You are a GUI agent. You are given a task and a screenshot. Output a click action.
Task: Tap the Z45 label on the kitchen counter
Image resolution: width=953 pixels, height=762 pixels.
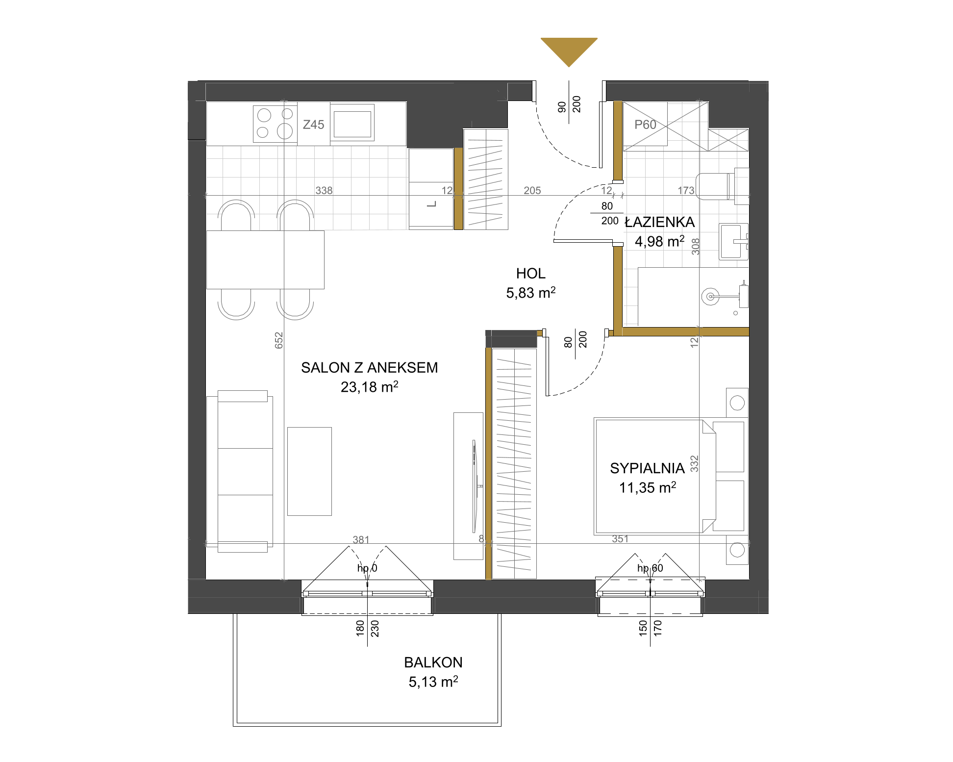coord(313,125)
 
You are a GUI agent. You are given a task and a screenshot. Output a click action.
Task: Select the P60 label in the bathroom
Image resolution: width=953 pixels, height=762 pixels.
coord(645,125)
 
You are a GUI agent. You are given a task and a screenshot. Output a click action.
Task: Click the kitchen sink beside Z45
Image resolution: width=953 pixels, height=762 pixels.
coord(352,123)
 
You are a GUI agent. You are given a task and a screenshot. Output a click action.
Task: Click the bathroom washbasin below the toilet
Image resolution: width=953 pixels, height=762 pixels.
coord(733,241)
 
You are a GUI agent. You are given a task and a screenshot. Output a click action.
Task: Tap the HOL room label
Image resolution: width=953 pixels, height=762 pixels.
coord(530,273)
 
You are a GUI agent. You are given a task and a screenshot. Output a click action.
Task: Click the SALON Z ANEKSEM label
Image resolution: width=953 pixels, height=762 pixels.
coord(369,367)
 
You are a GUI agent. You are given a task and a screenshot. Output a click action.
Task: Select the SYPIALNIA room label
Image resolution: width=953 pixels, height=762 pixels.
coord(647,468)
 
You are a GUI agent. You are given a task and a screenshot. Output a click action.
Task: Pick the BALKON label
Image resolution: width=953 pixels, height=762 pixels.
coord(433,662)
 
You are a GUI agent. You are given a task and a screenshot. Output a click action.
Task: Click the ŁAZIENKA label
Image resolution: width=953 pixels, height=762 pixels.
coord(660,222)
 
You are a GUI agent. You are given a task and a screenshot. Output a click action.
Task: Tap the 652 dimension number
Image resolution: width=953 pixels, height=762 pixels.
coord(279,340)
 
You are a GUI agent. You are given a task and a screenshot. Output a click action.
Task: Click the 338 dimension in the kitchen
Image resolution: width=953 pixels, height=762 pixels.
coord(324,190)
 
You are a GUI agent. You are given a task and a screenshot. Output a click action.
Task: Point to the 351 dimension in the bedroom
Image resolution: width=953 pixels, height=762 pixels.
coord(620,539)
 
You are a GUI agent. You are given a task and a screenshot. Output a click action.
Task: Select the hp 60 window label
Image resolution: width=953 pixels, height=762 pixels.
coord(650,568)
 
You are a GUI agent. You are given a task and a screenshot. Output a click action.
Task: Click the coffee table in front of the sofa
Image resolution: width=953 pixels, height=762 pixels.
coord(309,471)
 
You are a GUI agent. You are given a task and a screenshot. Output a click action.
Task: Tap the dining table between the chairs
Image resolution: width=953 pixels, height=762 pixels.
coord(265,260)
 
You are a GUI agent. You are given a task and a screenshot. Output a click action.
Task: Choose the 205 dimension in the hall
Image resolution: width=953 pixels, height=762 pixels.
coord(532,190)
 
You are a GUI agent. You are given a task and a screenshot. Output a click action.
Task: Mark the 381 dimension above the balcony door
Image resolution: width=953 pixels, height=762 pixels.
coord(361,540)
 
